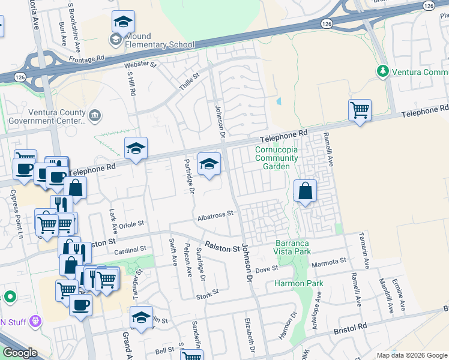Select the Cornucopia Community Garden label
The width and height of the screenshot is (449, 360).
pyautogui.click(x=276, y=158)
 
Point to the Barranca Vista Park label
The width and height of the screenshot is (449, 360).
pyautogui.click(x=293, y=247)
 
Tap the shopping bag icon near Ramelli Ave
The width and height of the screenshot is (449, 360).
pyautogui.click(x=306, y=191)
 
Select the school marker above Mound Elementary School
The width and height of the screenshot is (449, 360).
pyautogui.click(x=123, y=22)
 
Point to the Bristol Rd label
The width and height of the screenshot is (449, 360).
pyautogui.click(x=349, y=329)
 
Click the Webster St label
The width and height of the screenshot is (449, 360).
pyautogui.click(x=140, y=64)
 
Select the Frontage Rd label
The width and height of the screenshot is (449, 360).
pyautogui.click(x=86, y=58)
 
